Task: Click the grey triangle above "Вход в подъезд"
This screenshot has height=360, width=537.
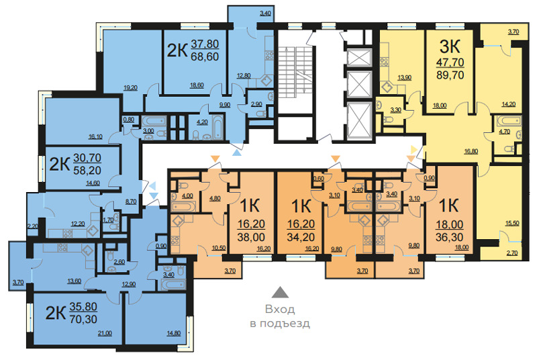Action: click(280, 292)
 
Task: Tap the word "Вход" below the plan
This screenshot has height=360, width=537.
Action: click(280, 310)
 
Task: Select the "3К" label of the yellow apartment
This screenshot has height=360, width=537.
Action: click(450, 46)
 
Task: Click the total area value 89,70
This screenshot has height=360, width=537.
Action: click(450, 75)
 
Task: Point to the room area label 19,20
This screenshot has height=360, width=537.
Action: click(130, 88)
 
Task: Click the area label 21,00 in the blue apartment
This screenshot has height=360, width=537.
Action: click(105, 333)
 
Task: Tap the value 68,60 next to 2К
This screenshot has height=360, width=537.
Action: click(205, 56)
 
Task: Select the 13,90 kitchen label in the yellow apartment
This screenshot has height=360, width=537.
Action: click(405, 77)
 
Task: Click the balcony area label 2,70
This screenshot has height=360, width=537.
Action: click(512, 253)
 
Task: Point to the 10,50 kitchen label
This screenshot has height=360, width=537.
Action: click(219, 248)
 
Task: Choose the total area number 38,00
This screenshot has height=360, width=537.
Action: click(251, 237)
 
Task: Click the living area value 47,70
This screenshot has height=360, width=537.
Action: click(450, 62)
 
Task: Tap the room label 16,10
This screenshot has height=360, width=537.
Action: click(95, 136)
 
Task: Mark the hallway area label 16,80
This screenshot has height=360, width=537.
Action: click(471, 151)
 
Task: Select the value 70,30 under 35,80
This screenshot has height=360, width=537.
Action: click(83, 319)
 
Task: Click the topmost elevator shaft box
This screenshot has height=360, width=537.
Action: click(359, 58)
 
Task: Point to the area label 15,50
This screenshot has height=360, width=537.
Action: click(512, 224)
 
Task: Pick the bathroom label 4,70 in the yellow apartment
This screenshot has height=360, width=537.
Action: click(505, 132)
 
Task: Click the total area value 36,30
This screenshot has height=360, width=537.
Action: click(449, 237)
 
